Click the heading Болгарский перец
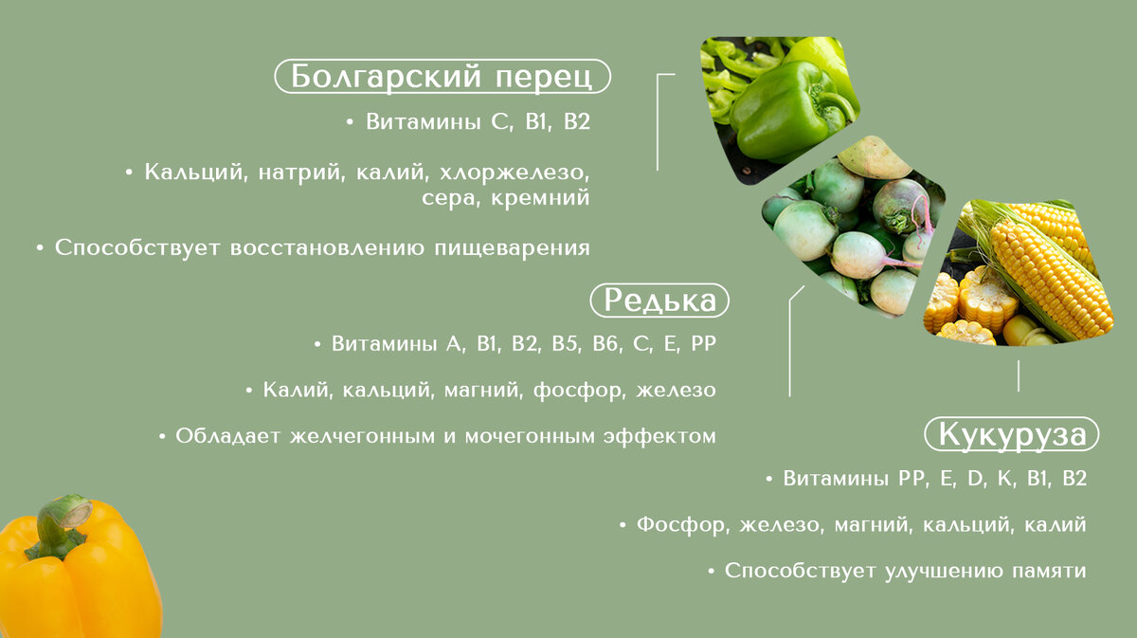coord(442,76)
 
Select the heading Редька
coord(659,301)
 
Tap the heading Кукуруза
coord(1011,434)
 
